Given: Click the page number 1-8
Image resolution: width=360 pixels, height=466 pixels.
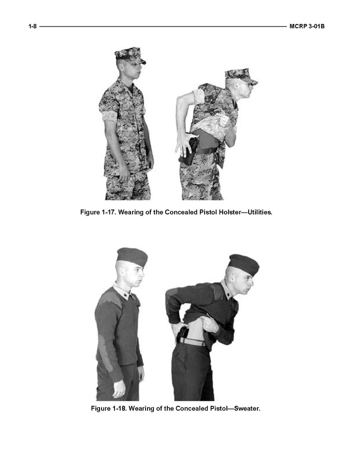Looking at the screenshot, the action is point(33,26).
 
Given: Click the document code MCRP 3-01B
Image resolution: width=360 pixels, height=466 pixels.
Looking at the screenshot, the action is point(307,26).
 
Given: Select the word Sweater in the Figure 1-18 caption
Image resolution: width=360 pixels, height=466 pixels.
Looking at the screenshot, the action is point(247,408).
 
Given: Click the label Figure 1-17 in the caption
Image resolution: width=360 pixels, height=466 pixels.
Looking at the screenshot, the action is point(98,212).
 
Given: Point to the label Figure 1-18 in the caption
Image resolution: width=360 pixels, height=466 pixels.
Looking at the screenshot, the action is point(109,408).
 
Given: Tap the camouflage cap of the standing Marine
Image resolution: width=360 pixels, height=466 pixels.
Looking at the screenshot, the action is point(130,55).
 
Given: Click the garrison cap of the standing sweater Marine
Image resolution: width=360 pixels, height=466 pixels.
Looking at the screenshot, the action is point(133,257).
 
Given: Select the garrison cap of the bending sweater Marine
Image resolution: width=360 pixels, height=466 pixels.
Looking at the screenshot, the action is point(244,264).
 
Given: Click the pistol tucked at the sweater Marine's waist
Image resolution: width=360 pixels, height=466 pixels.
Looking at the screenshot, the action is point(182,334).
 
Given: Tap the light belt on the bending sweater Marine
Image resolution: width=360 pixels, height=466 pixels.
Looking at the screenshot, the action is point(193,342).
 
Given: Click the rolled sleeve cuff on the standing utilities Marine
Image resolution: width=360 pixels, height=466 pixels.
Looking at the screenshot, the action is point(109,116).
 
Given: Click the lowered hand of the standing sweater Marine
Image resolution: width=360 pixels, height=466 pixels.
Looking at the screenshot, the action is point(119,389).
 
